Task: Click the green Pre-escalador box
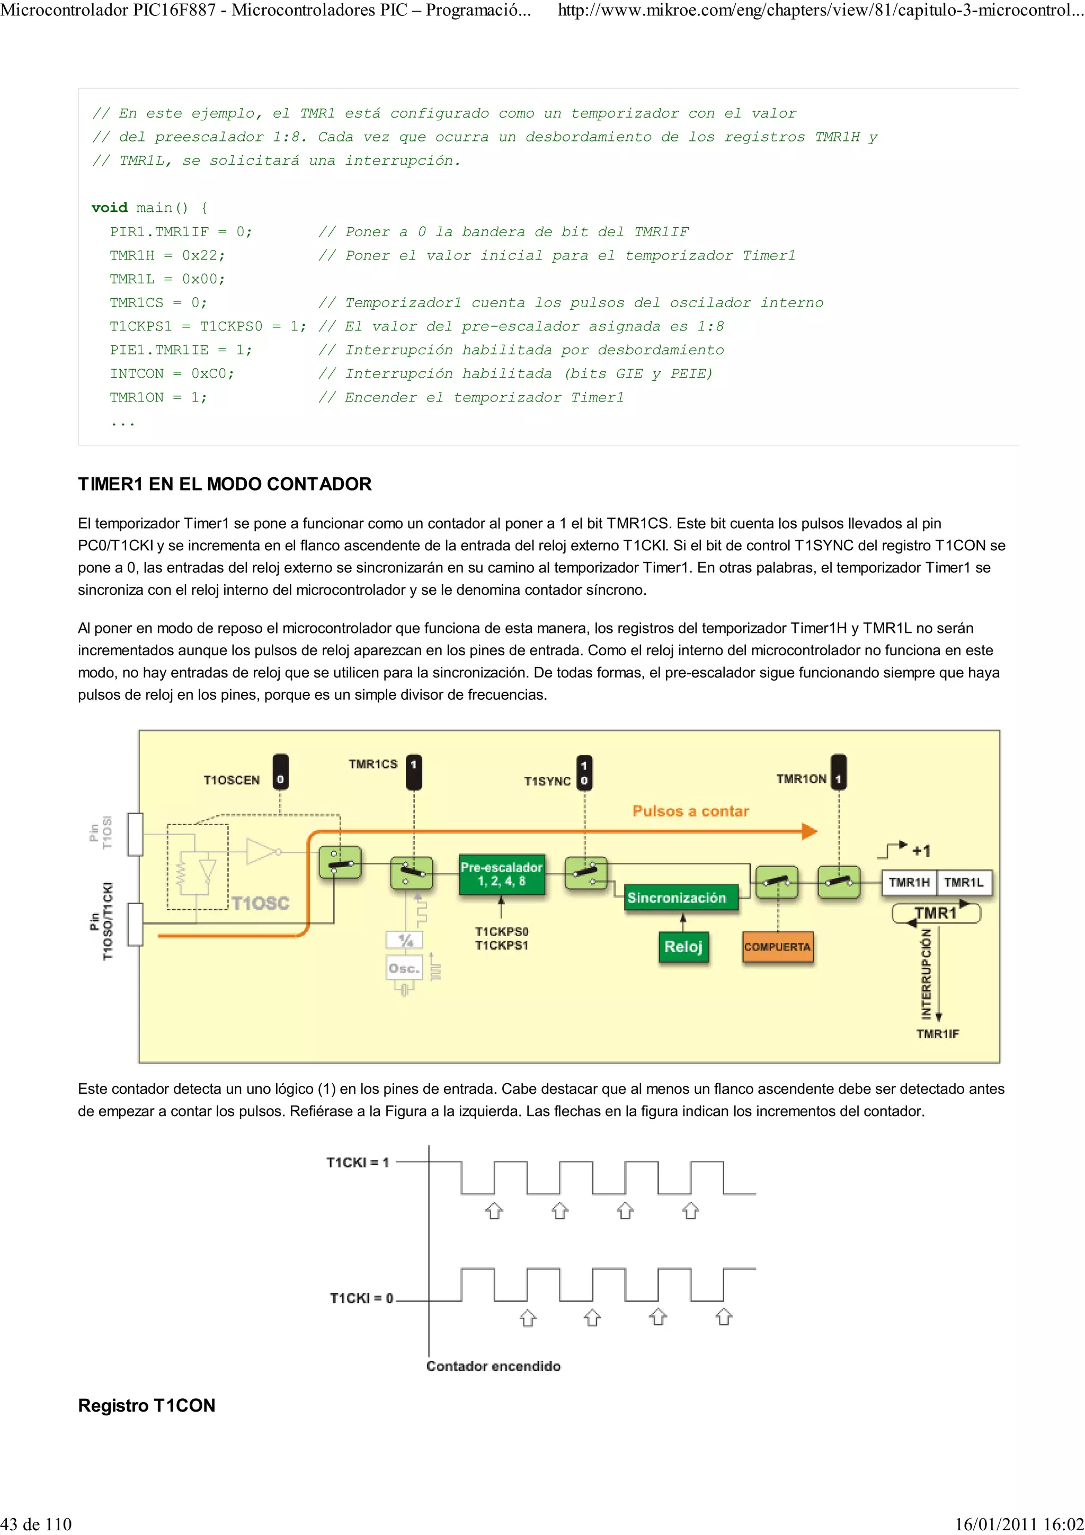pyautogui.click(x=501, y=874)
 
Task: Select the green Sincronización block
pyautogui.click(x=676, y=898)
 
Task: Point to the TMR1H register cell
pyautogui.click(x=909, y=882)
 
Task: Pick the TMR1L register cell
pyautogui.click(x=963, y=882)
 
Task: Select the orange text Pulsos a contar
pyautogui.click(x=691, y=811)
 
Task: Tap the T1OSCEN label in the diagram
pyautogui.click(x=232, y=780)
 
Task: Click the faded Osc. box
pyautogui.click(x=404, y=968)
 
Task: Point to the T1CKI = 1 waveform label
pyautogui.click(x=357, y=1163)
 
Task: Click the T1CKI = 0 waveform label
pyautogui.click(x=361, y=1298)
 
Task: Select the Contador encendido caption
pyautogui.click(x=493, y=1366)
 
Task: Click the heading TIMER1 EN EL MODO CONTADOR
pyautogui.click(x=225, y=484)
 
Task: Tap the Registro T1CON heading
pyautogui.click(x=146, y=1405)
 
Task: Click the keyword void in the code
pyautogui.click(x=109, y=208)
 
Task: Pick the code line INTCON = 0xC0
pyautogui.click(x=172, y=374)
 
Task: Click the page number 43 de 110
pyautogui.click(x=36, y=1524)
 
